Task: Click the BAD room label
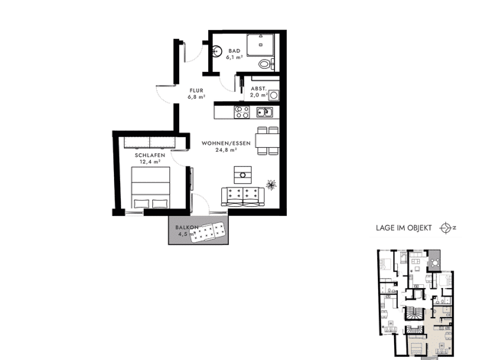point(234,51)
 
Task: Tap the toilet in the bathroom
point(265,64)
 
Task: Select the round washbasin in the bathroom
point(217,51)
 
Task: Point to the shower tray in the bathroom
point(260,44)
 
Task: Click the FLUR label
point(197,90)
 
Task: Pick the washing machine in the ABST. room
point(274,96)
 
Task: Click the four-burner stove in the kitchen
point(242,112)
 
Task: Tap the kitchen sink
point(265,113)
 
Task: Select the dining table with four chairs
point(268,141)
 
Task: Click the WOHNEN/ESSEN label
point(226,143)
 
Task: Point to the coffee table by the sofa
point(243,175)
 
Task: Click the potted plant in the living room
point(271,185)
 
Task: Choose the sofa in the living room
point(243,197)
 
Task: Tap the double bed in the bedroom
point(151,188)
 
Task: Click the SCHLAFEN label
point(150,155)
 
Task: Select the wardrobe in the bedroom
point(150,142)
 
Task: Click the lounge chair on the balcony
point(207,232)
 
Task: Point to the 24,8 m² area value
point(226,150)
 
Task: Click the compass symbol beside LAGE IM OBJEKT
point(445,227)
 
